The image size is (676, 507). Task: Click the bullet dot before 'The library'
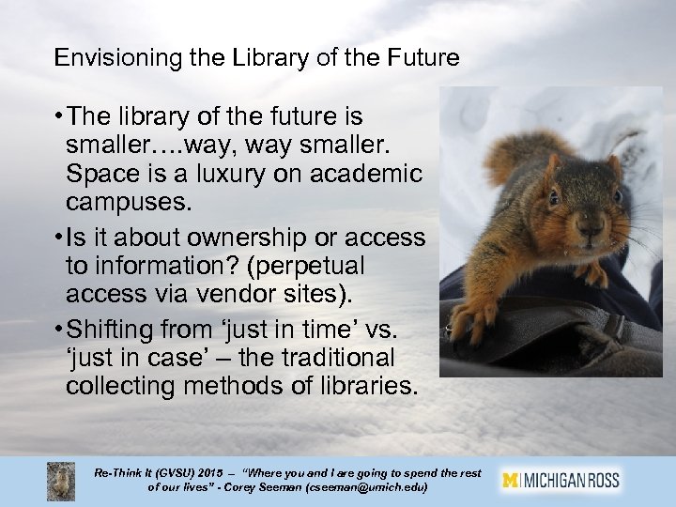(58, 117)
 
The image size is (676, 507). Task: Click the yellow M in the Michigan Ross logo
(511, 480)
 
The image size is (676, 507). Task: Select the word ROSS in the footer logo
(602, 480)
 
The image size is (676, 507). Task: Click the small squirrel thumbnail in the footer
(62, 481)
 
